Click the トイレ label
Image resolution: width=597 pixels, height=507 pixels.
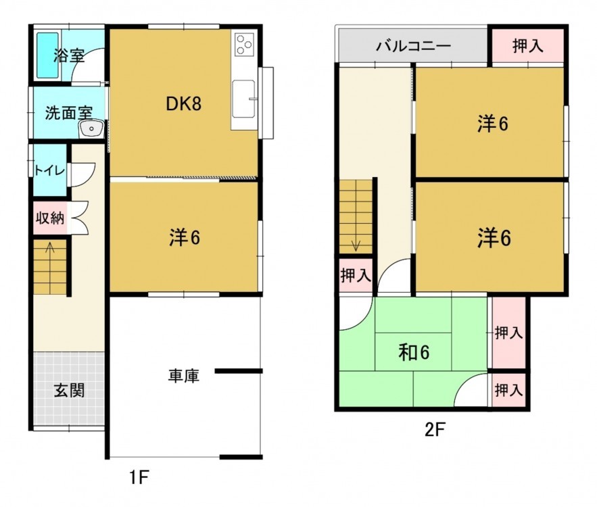[x=49, y=170]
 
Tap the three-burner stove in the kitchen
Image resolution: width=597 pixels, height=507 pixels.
[x=243, y=45]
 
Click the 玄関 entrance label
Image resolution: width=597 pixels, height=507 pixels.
[x=69, y=390]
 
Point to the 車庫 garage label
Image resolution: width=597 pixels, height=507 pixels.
[x=183, y=376]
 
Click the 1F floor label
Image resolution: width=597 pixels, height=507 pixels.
[x=138, y=478]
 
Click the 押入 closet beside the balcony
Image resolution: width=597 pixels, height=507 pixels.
[x=527, y=46]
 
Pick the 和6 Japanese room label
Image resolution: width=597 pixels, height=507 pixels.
[x=414, y=352]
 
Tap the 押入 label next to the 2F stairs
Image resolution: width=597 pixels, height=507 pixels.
[x=354, y=275]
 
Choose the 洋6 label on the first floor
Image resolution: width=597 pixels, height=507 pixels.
[x=184, y=237]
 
